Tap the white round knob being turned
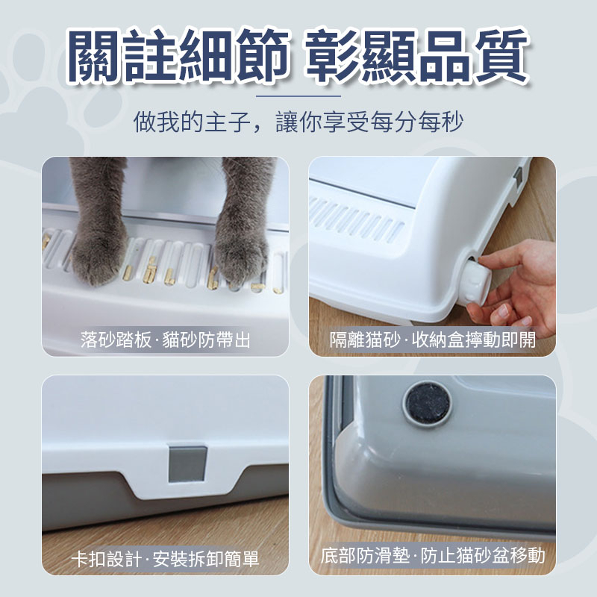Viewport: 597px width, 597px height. coord(475,281)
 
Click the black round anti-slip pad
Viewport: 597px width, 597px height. coord(427,404)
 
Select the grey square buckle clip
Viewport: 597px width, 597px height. coord(188,464)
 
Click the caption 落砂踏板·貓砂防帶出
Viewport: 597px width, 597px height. coord(165,340)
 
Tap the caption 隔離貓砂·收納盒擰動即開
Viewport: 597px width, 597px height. coord(433,340)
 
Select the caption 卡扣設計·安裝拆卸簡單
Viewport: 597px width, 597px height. coord(165,558)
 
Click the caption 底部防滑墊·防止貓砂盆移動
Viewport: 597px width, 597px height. coord(433,555)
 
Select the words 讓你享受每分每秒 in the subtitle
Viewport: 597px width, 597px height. coord(369,122)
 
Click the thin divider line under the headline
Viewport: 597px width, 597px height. coord(298,96)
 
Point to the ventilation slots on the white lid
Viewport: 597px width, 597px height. coord(357,219)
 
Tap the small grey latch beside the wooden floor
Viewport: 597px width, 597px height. coord(518,178)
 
